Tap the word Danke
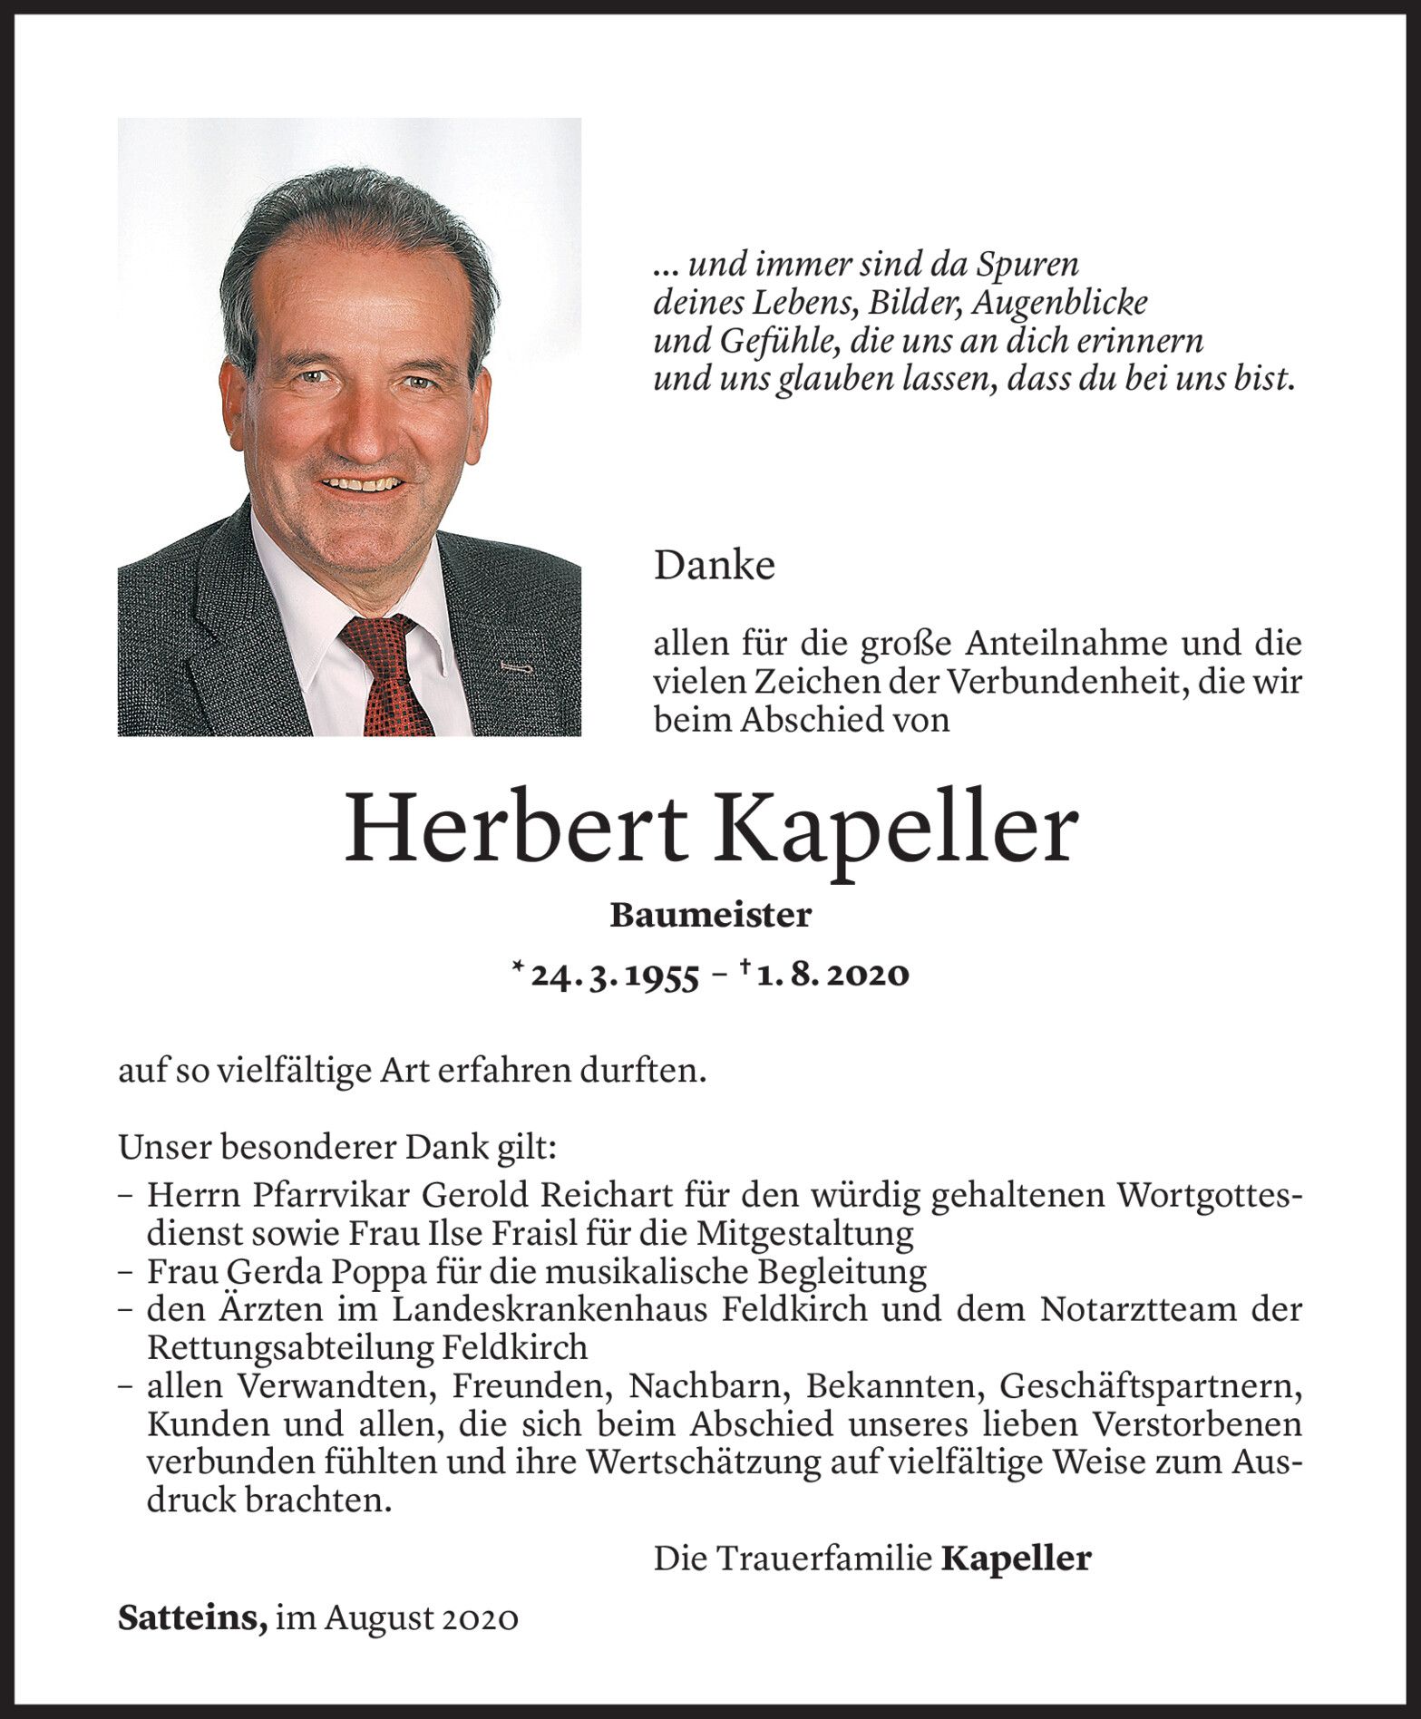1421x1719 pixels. [x=714, y=567]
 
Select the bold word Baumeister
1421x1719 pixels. [x=710, y=916]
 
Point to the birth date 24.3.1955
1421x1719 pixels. [x=614, y=975]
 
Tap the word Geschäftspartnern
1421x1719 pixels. [x=1150, y=1386]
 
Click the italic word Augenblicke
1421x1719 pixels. [x=1058, y=303]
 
